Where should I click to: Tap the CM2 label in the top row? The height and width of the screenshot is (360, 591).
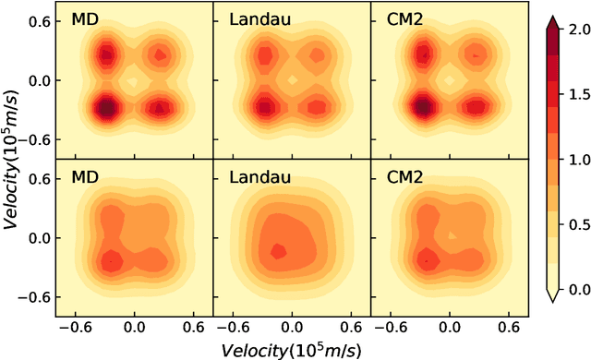point(400,19)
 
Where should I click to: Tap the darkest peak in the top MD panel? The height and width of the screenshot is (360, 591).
point(107,107)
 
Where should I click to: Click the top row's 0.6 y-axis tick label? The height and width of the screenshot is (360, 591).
point(38,21)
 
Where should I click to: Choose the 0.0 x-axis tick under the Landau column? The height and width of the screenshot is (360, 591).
point(292,326)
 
